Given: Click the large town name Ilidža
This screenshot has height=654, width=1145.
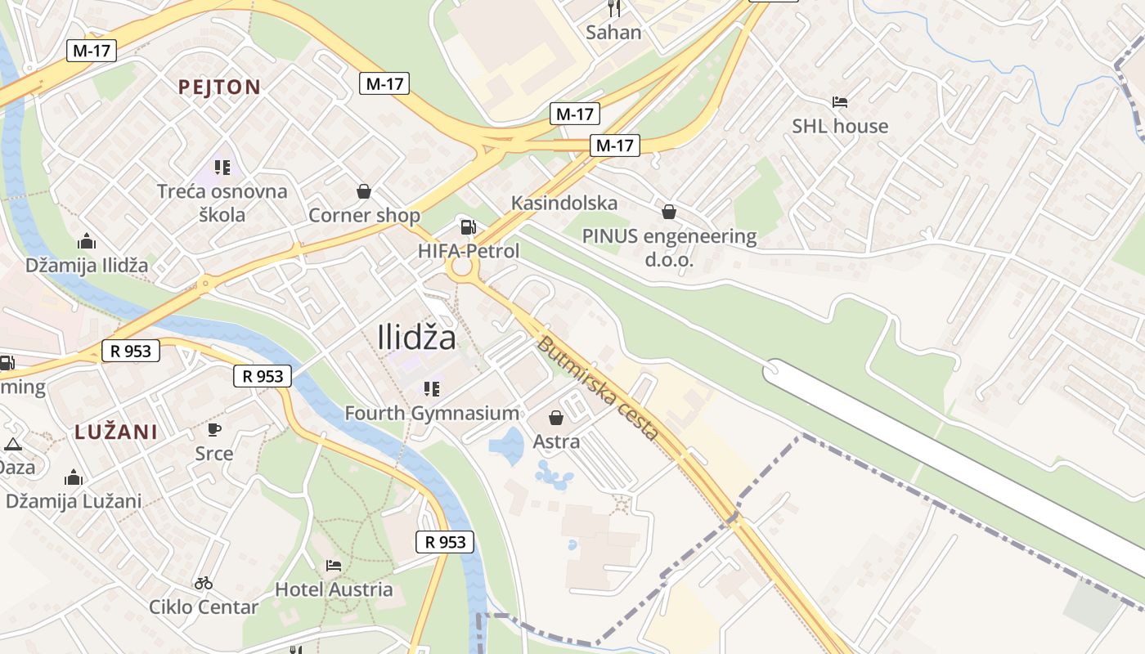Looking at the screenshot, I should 417,337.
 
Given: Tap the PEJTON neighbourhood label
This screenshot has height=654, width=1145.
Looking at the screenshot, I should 219,87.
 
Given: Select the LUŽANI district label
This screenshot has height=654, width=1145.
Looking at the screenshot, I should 116,432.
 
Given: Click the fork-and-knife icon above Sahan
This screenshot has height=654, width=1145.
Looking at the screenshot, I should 614,9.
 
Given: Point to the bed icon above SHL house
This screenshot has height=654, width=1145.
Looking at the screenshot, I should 839,102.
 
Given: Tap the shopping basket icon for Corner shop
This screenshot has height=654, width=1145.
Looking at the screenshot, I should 364,191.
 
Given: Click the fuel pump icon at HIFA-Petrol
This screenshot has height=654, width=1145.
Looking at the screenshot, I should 468,227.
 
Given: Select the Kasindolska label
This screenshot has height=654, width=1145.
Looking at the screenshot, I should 564,203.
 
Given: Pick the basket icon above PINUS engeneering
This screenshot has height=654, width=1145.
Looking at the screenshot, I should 669,212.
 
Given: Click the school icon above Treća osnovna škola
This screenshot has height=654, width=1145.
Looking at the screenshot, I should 222,168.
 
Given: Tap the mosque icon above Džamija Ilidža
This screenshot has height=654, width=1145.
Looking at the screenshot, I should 87,241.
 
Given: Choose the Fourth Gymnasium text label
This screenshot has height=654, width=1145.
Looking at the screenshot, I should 432,414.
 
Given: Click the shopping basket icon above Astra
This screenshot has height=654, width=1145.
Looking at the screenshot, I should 556,418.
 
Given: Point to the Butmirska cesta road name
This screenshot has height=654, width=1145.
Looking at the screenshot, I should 597,388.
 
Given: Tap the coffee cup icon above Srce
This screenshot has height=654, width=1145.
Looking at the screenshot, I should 213,429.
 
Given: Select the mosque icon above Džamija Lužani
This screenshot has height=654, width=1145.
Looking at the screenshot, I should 74,477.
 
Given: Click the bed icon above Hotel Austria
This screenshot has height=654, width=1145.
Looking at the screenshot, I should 333,565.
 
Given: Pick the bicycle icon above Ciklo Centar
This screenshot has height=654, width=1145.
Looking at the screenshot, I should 204,583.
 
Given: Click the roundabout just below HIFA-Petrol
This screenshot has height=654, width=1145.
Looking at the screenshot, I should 462,267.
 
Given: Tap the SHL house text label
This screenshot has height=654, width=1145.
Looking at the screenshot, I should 839,126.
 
